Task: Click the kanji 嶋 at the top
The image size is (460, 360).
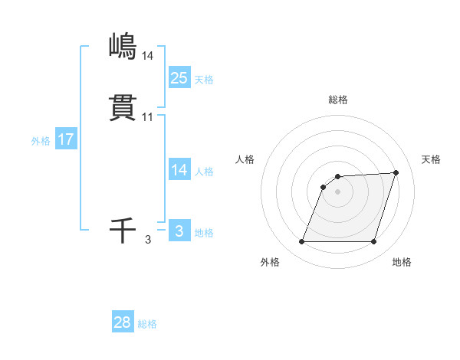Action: click(123, 46)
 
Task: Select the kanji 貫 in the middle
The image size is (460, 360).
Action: click(123, 107)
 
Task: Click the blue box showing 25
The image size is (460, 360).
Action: click(179, 77)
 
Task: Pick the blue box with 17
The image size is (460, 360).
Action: click(66, 140)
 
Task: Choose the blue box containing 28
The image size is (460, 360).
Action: click(123, 322)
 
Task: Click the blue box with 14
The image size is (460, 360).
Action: click(179, 170)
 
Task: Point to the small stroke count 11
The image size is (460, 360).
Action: click(148, 117)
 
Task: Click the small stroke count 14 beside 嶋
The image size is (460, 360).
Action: click(148, 55)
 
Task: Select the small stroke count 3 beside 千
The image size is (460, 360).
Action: click(148, 240)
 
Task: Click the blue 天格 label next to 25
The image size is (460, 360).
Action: click(204, 80)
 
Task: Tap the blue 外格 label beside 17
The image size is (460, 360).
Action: click(41, 141)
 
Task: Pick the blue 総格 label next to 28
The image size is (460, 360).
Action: click(147, 324)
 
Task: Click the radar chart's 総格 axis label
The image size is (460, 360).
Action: click(337, 100)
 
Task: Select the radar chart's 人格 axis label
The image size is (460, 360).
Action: click(245, 159)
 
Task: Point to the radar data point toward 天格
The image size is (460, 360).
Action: click(396, 172)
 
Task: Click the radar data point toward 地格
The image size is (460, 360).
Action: click(373, 242)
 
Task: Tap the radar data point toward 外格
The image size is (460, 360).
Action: click(301, 242)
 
